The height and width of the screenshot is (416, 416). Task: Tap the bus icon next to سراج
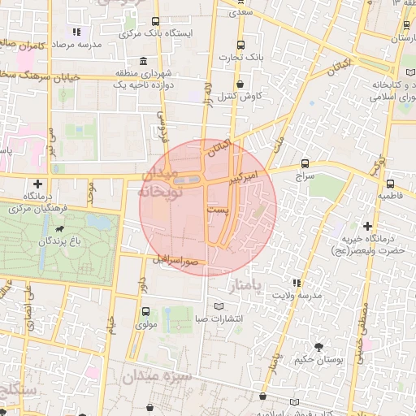(x=305, y=162)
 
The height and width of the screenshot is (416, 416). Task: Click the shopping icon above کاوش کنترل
(x=240, y=84)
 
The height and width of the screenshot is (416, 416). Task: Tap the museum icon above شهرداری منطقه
(x=144, y=62)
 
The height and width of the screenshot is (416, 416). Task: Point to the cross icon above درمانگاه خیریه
(x=368, y=225)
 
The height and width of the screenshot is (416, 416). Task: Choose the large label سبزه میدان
(x=167, y=379)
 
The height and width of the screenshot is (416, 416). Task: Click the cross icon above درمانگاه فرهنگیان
(x=37, y=184)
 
